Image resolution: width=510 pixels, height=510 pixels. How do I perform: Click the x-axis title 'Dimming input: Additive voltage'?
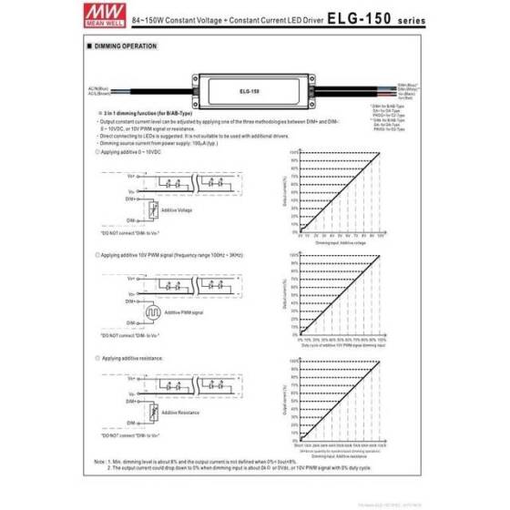point(343,244)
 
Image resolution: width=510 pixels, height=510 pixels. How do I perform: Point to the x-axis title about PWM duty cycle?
point(343,347)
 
